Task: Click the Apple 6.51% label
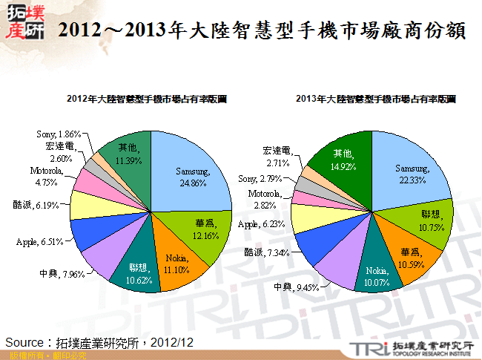click(x=41, y=241)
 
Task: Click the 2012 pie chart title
click(x=147, y=98)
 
